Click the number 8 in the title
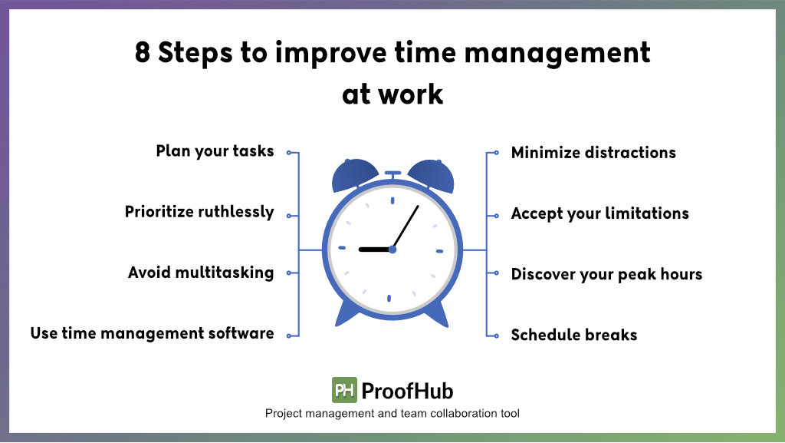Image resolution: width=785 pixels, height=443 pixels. [143, 54]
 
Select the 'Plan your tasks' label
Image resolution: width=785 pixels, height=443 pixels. [215, 151]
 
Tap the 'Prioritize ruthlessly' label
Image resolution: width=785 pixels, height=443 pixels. [199, 212]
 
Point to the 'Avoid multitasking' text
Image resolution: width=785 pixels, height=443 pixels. [201, 273]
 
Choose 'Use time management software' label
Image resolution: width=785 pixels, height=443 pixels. [152, 333]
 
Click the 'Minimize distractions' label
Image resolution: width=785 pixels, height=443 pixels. [593, 152]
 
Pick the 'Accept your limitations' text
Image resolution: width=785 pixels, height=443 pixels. [599, 213]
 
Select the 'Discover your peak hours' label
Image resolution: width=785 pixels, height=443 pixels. [606, 274]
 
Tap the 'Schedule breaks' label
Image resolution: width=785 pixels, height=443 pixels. [574, 335]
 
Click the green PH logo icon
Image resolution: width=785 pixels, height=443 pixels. [344, 391]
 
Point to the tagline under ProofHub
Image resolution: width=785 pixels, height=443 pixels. [392, 414]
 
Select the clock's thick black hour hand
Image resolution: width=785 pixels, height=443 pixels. [375, 249]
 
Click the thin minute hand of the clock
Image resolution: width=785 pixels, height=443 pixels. [406, 226]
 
